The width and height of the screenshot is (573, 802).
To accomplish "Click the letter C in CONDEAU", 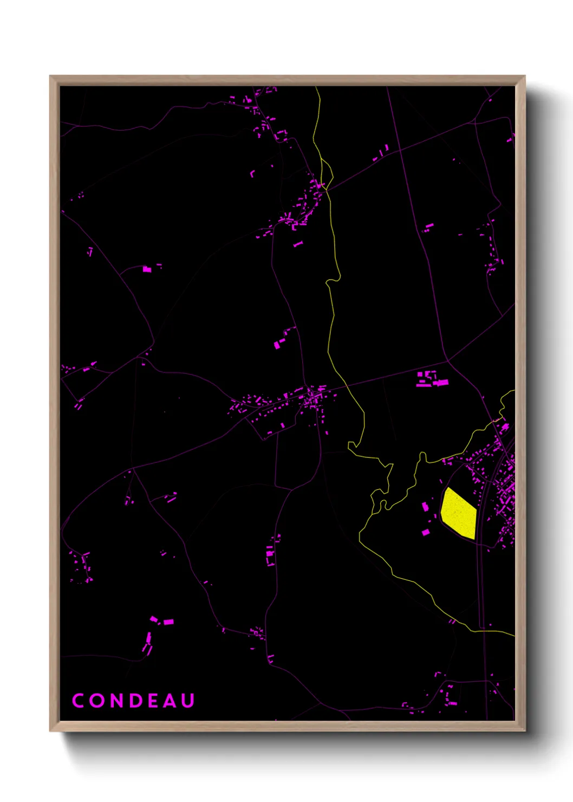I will (78, 701).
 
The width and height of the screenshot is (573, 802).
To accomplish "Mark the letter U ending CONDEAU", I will (188, 701).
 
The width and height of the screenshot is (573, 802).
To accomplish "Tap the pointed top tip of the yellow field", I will (447, 488).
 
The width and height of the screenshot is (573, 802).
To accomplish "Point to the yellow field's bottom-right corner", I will (474, 539).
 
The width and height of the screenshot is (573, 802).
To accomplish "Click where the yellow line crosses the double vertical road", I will (482, 631).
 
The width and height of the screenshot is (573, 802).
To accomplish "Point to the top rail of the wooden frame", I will (287, 80).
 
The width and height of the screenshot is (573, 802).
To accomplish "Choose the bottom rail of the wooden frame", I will (287, 726).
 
